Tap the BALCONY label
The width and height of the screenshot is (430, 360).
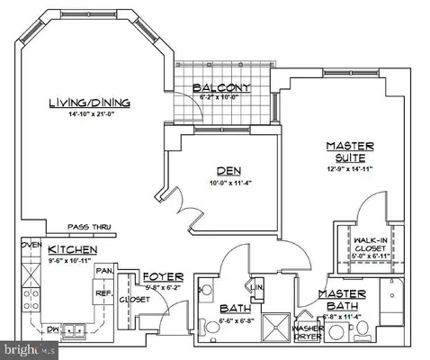pos(221,86)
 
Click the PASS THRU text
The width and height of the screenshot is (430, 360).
pos(88,229)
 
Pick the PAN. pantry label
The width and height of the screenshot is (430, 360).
pos(104,269)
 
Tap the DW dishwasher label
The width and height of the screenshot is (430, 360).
pos(52,330)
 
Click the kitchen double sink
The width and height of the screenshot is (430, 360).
pos(74,330)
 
